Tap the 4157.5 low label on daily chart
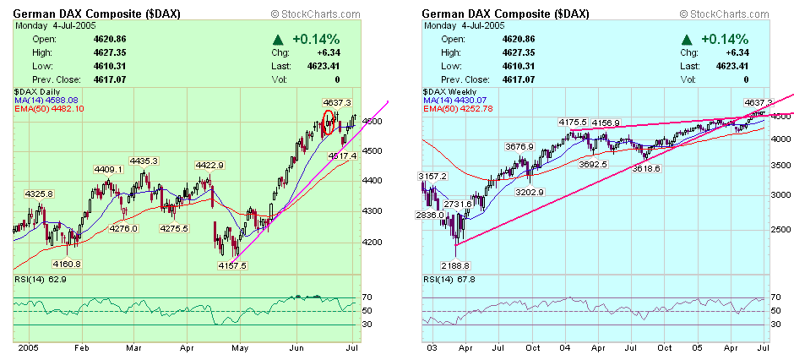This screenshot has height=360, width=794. tap(231, 265)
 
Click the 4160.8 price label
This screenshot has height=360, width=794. tap(66, 264)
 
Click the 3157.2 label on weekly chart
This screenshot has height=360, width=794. tap(433, 176)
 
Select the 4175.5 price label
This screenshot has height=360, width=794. tap(573, 123)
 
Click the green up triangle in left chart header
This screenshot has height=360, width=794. tap(278, 40)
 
